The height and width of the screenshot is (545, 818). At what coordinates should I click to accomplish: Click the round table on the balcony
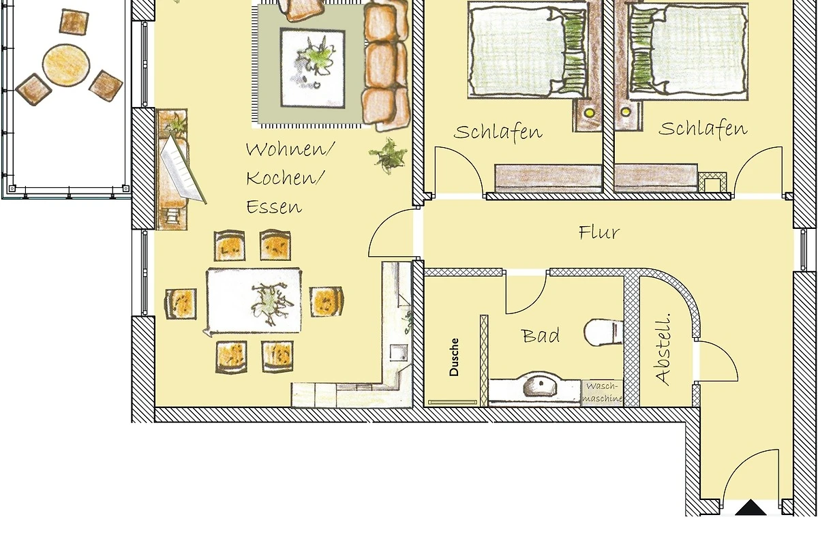[66, 65]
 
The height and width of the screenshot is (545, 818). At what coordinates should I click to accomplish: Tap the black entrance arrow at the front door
[751, 508]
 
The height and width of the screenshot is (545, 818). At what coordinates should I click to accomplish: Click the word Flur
[599, 232]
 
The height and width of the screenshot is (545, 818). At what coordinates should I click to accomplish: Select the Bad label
[541, 336]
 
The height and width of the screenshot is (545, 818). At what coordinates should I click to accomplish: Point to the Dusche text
[454, 357]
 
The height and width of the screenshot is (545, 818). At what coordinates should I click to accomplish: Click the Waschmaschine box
[603, 393]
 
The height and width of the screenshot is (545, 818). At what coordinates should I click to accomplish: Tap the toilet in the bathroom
[603, 332]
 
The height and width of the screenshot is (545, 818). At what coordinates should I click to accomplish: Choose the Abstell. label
[663, 349]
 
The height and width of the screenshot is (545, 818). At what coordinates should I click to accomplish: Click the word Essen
[274, 207]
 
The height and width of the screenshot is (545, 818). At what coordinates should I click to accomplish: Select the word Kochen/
[285, 178]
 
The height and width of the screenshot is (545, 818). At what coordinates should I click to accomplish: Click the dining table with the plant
[254, 300]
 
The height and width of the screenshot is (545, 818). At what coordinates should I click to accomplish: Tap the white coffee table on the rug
[313, 68]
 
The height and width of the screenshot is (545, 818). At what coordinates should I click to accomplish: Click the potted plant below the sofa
[388, 156]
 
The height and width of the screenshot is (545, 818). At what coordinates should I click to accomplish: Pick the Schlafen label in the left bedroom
[498, 132]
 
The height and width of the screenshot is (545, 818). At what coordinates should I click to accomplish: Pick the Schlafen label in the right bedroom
[703, 129]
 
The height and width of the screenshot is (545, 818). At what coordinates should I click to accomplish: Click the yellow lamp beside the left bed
[589, 113]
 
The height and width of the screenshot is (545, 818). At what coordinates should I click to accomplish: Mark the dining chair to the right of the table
[326, 302]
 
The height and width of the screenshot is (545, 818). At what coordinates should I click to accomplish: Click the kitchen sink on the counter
[399, 353]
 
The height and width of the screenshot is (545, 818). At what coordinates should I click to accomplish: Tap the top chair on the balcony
[74, 22]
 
